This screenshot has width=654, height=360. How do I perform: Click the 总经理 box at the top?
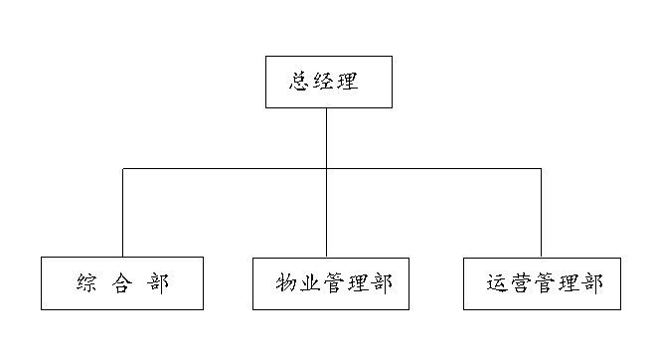328,83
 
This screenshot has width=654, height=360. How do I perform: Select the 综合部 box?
122,282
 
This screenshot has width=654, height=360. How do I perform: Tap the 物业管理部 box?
328,282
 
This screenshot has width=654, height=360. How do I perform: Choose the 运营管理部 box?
541,282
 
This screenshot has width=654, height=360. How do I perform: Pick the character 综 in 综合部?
85,282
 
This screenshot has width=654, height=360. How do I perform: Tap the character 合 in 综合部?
121,282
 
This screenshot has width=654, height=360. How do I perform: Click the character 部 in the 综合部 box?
157,282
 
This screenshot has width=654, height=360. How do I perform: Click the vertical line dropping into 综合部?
123,214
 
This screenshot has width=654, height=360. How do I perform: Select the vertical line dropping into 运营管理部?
541,214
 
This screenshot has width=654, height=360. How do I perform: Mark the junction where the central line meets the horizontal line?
327,169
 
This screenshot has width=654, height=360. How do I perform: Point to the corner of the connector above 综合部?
123,169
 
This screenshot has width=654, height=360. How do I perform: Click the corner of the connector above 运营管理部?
541,169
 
